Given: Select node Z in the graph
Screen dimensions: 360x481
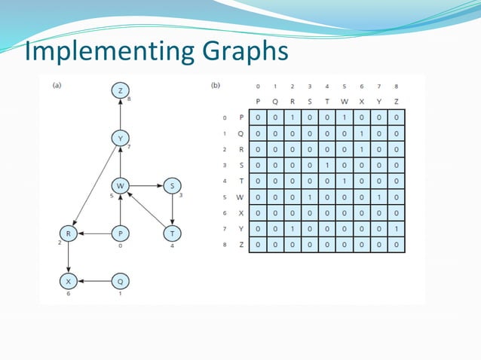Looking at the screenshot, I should (x=120, y=90).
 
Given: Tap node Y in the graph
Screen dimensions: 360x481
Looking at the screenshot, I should (x=120, y=139).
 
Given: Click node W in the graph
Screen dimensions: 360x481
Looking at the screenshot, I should (x=120, y=186).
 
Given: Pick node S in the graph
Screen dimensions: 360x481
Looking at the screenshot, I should (x=172, y=186).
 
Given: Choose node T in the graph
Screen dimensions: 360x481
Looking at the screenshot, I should (x=172, y=233).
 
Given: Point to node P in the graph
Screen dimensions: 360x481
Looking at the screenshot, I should (x=120, y=233).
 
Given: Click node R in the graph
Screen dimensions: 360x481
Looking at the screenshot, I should (x=69, y=233).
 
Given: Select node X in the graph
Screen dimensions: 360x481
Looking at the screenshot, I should (x=69, y=281).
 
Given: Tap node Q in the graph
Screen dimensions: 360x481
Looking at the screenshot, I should (x=120, y=281).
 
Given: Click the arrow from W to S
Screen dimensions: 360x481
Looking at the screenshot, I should (x=146, y=186).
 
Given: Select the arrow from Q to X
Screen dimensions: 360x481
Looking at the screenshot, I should (x=94, y=281).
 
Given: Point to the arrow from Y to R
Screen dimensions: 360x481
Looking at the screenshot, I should (x=94, y=186).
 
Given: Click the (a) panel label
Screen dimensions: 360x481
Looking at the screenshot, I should (x=57, y=85).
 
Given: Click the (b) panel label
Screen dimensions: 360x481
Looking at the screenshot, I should (x=216, y=85).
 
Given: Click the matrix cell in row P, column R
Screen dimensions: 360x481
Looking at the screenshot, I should (x=293, y=117).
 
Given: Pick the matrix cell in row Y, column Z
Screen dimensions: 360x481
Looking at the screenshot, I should (x=397, y=228).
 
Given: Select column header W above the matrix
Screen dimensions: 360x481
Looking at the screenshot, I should (x=345, y=102).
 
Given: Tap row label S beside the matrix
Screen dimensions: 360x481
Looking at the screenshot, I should (x=241, y=165).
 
